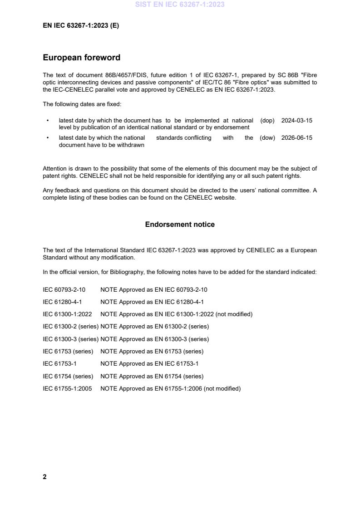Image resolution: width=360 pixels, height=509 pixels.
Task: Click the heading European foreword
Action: pos(81,58)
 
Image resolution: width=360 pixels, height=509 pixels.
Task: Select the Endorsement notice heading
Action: pos(180,225)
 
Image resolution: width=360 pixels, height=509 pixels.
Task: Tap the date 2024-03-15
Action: pos(296,121)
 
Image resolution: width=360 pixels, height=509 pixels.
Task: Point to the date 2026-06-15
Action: pos(296,138)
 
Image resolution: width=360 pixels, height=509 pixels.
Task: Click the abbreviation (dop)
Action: pos(267,121)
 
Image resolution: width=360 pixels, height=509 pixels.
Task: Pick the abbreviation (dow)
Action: pos(267,138)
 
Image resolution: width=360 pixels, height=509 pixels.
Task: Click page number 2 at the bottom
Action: pos(44,477)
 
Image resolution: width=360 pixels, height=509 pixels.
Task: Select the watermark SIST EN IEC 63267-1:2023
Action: pos(180,5)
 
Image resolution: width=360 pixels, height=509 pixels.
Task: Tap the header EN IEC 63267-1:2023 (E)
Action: pos(81,26)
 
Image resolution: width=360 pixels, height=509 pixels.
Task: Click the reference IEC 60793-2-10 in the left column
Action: pos(64,289)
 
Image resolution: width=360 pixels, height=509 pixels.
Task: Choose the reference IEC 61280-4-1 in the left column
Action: pos(62,302)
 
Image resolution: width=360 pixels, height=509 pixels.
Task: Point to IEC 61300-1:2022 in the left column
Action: pos(67,314)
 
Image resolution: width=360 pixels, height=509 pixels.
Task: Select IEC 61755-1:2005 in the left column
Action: pos(67,388)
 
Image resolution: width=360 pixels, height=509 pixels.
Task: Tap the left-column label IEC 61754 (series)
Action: pos(68,376)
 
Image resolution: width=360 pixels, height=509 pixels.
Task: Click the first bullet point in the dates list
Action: pos(48,121)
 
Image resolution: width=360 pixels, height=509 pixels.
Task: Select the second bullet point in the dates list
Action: pos(48,138)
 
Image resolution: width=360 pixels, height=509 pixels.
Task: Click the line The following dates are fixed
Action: pos(82,104)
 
